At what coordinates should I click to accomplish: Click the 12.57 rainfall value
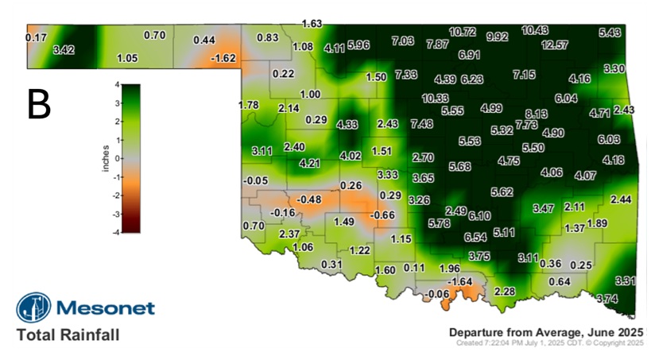click(x=555, y=45)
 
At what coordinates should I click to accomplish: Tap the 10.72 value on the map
click(x=463, y=32)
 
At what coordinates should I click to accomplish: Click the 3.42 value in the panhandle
click(x=64, y=50)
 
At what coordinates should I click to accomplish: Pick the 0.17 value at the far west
click(x=36, y=37)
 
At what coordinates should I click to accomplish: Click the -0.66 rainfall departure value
click(x=384, y=215)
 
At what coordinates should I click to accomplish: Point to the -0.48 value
click(x=308, y=199)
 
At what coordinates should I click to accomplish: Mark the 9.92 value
click(x=498, y=37)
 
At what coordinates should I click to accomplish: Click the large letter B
click(x=38, y=105)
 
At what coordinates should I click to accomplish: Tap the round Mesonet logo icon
click(x=33, y=308)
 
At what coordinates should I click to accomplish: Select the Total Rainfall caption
click(x=68, y=335)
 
